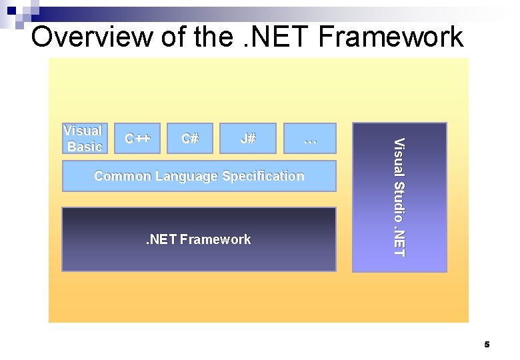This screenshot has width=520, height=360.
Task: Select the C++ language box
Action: (x=138, y=139)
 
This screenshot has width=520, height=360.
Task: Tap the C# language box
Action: (x=190, y=139)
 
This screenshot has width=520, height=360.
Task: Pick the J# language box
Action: (x=247, y=139)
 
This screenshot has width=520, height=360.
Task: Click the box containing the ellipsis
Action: (x=310, y=139)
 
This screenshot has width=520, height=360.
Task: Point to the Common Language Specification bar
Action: (x=199, y=176)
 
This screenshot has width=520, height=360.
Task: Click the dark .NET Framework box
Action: (x=199, y=239)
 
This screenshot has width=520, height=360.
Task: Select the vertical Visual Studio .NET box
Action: (x=399, y=197)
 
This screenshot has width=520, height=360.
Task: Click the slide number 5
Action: (x=487, y=345)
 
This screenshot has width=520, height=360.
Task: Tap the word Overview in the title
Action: (x=91, y=37)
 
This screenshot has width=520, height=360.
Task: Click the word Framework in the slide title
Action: (x=391, y=37)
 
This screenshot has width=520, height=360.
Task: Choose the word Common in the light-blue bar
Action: (x=123, y=176)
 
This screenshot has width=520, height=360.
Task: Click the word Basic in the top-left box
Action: (x=85, y=147)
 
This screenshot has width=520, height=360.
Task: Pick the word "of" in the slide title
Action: (x=173, y=37)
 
